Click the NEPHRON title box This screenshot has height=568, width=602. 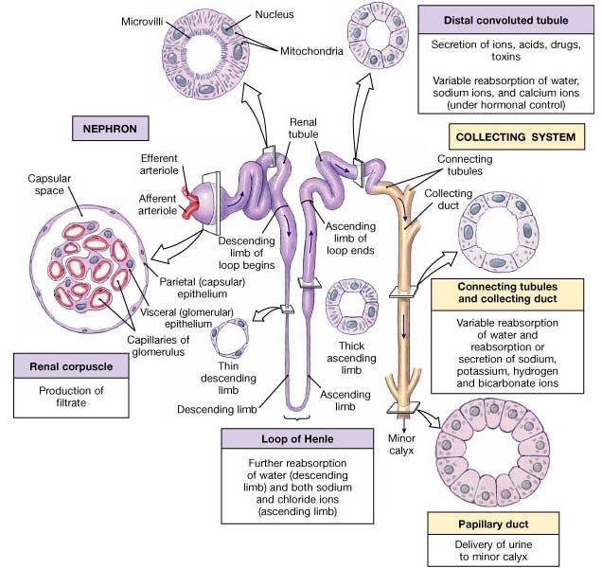point(111,128)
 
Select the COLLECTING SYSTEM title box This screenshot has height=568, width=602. point(517,136)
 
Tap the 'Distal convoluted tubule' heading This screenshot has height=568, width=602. point(506,21)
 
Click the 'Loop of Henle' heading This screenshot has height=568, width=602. point(297,438)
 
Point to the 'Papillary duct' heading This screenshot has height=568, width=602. point(493,524)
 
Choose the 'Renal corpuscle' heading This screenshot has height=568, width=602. point(71,366)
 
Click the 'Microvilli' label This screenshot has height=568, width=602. point(142,22)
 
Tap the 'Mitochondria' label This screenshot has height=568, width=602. point(311,51)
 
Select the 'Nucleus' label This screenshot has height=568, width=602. point(274,14)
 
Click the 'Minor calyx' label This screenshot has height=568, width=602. point(401,444)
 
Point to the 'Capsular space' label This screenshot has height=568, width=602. point(49,185)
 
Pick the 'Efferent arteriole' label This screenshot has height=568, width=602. point(159,165)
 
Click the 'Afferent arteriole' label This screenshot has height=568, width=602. point(158,204)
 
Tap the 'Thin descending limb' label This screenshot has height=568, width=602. point(228,378)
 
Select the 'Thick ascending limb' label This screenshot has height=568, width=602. point(351,358)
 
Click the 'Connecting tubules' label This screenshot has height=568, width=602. point(465,165)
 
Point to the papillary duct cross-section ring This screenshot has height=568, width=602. point(493,452)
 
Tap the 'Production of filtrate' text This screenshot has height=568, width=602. point(71,397)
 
